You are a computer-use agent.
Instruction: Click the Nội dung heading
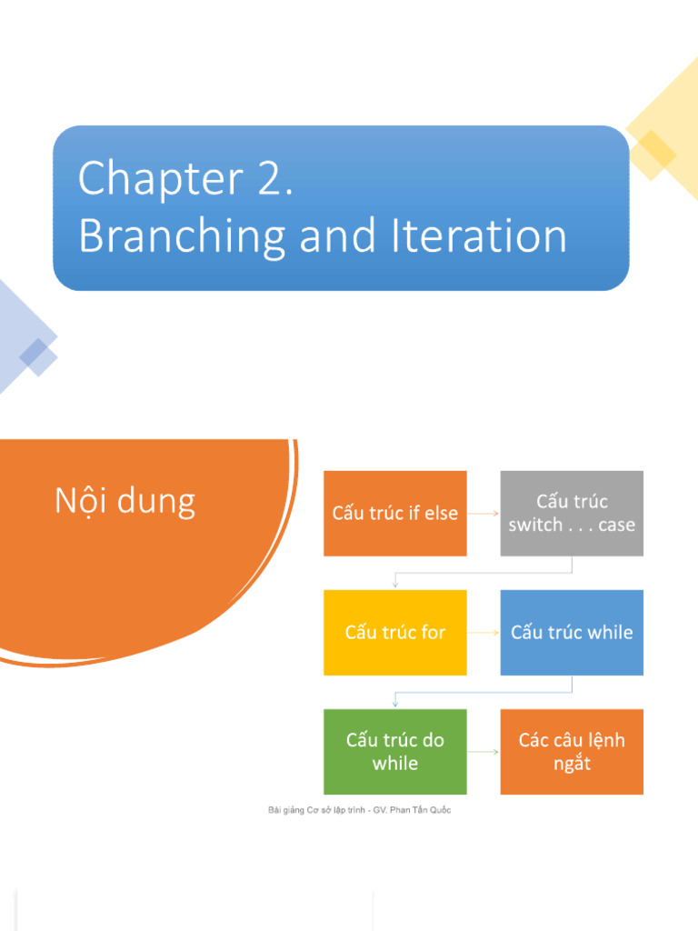pos(125,501)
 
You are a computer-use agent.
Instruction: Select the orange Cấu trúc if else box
pos(394,513)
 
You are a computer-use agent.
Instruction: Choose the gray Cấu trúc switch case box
pos(572,513)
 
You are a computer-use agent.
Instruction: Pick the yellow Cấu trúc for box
pos(394,632)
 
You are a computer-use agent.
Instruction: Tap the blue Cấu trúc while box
pos(572,632)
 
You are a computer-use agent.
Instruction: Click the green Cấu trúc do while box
pos(394,751)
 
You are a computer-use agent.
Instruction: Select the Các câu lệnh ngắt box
pos(572,751)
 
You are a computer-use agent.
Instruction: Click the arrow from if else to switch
pos(484,514)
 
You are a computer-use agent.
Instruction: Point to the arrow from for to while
pos(484,633)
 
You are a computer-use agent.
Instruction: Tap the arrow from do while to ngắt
pos(484,752)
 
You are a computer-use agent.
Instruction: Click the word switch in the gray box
pos(535,525)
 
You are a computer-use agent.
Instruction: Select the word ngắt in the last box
pos(572,764)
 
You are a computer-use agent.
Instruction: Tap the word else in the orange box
pos(440,513)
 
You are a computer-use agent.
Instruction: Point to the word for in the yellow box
pos(430,632)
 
